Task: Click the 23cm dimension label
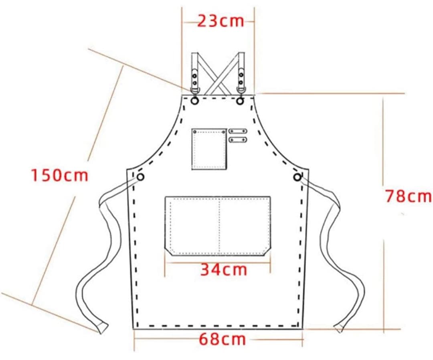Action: coord(221,21)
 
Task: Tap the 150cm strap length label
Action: coord(59,175)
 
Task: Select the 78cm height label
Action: coord(408,196)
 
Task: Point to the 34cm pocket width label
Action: coord(223,269)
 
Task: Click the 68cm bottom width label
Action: coord(222,339)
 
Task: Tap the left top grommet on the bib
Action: coord(195,101)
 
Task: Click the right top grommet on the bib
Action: coord(240,101)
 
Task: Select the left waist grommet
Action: coord(141,177)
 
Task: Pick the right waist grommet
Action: coord(297,177)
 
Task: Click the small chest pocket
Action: coord(209,149)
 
